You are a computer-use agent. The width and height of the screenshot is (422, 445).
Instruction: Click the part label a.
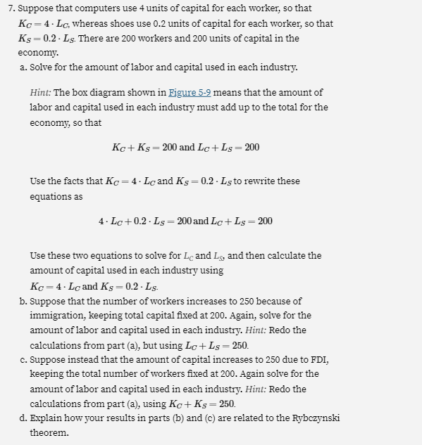pos(23,67)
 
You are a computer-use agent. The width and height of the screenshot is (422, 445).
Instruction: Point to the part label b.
pos(23,301)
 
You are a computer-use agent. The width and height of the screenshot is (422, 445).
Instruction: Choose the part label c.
pos(23,359)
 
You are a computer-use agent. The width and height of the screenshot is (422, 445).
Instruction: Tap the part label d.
pos(23,418)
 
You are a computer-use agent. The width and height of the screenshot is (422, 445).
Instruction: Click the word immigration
pos(57,316)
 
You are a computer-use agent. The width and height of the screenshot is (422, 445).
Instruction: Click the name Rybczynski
pos(314,418)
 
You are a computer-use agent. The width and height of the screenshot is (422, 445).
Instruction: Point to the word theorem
pos(49,432)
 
